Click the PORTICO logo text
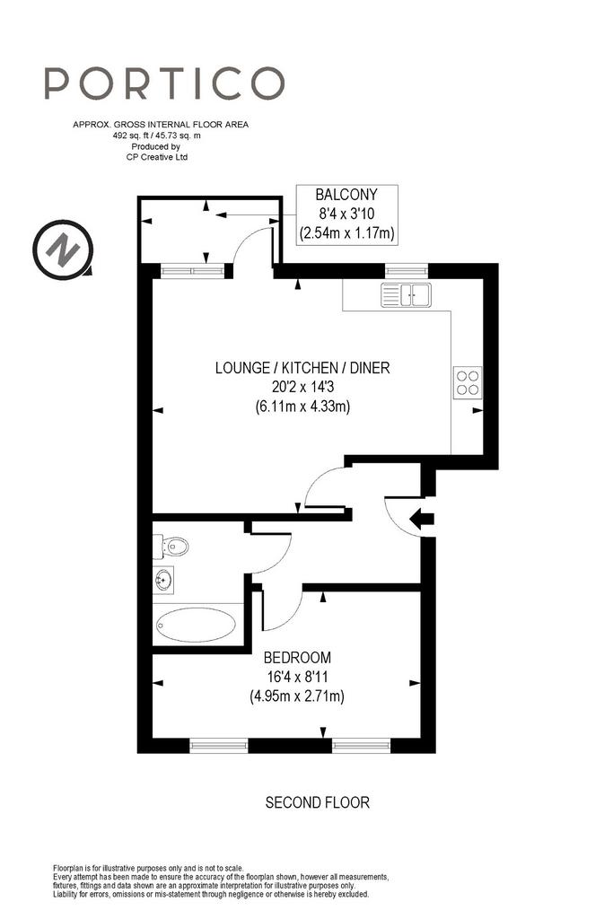coord(164,83)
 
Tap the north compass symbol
coord(63,249)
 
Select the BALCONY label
coord(346,194)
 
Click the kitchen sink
coord(406,294)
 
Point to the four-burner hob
coord(468,382)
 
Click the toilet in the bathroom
coord(171,547)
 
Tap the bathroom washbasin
coord(163,581)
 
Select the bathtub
coord(196,625)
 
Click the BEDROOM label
coord(297,658)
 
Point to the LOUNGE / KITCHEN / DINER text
coord(302,367)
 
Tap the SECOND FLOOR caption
coord(318,802)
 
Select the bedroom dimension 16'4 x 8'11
coord(297,677)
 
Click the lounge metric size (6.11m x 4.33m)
coord(302,407)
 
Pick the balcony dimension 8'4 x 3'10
coord(346,214)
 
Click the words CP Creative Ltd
coord(157,157)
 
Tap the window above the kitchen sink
coord(407,271)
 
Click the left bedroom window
coord(219,746)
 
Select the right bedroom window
coord(361,746)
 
